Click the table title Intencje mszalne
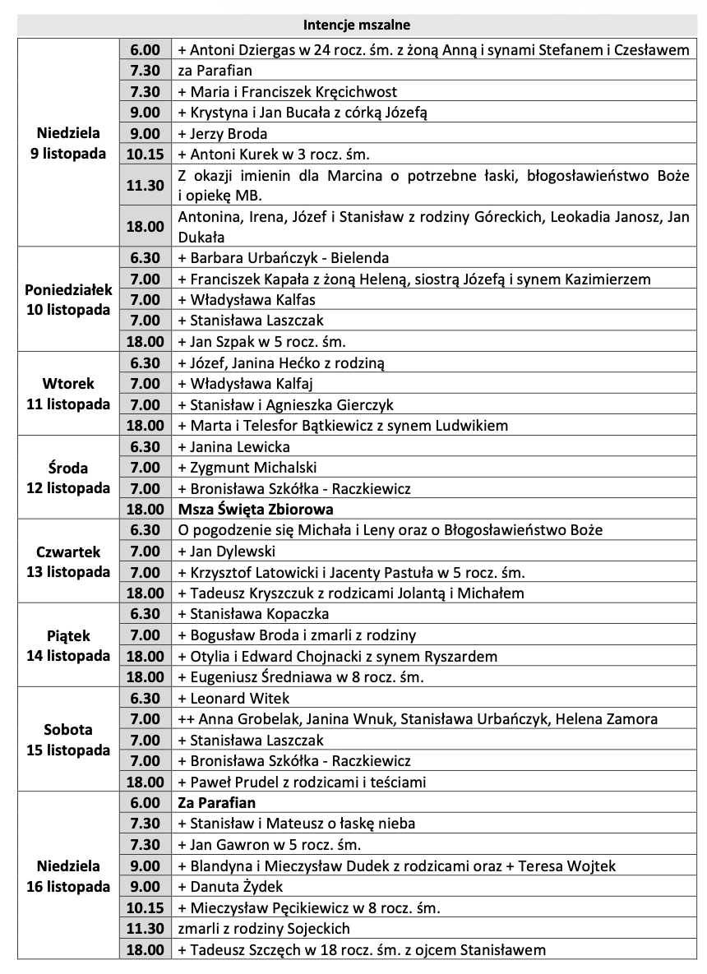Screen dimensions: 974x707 [356, 25]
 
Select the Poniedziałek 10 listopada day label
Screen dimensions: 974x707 [68, 300]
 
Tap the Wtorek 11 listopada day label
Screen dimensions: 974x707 [68, 394]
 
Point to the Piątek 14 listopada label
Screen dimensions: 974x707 [68, 646]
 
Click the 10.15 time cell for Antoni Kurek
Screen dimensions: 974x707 [146, 154]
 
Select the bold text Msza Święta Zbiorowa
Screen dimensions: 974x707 [256, 510]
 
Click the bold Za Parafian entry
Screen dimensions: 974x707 [216, 802]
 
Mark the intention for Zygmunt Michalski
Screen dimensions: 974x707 [247, 468]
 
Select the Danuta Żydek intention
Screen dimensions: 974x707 [230, 887]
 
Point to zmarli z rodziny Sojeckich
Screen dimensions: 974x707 [263, 929]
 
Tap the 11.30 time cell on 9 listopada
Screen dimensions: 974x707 [146, 186]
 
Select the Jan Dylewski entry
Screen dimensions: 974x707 [226, 552]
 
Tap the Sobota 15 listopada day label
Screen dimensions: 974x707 [68, 740]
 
